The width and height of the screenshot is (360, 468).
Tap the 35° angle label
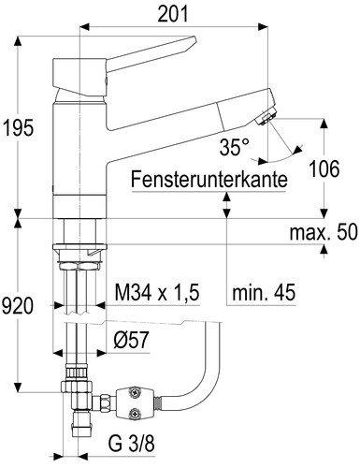(235, 148)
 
